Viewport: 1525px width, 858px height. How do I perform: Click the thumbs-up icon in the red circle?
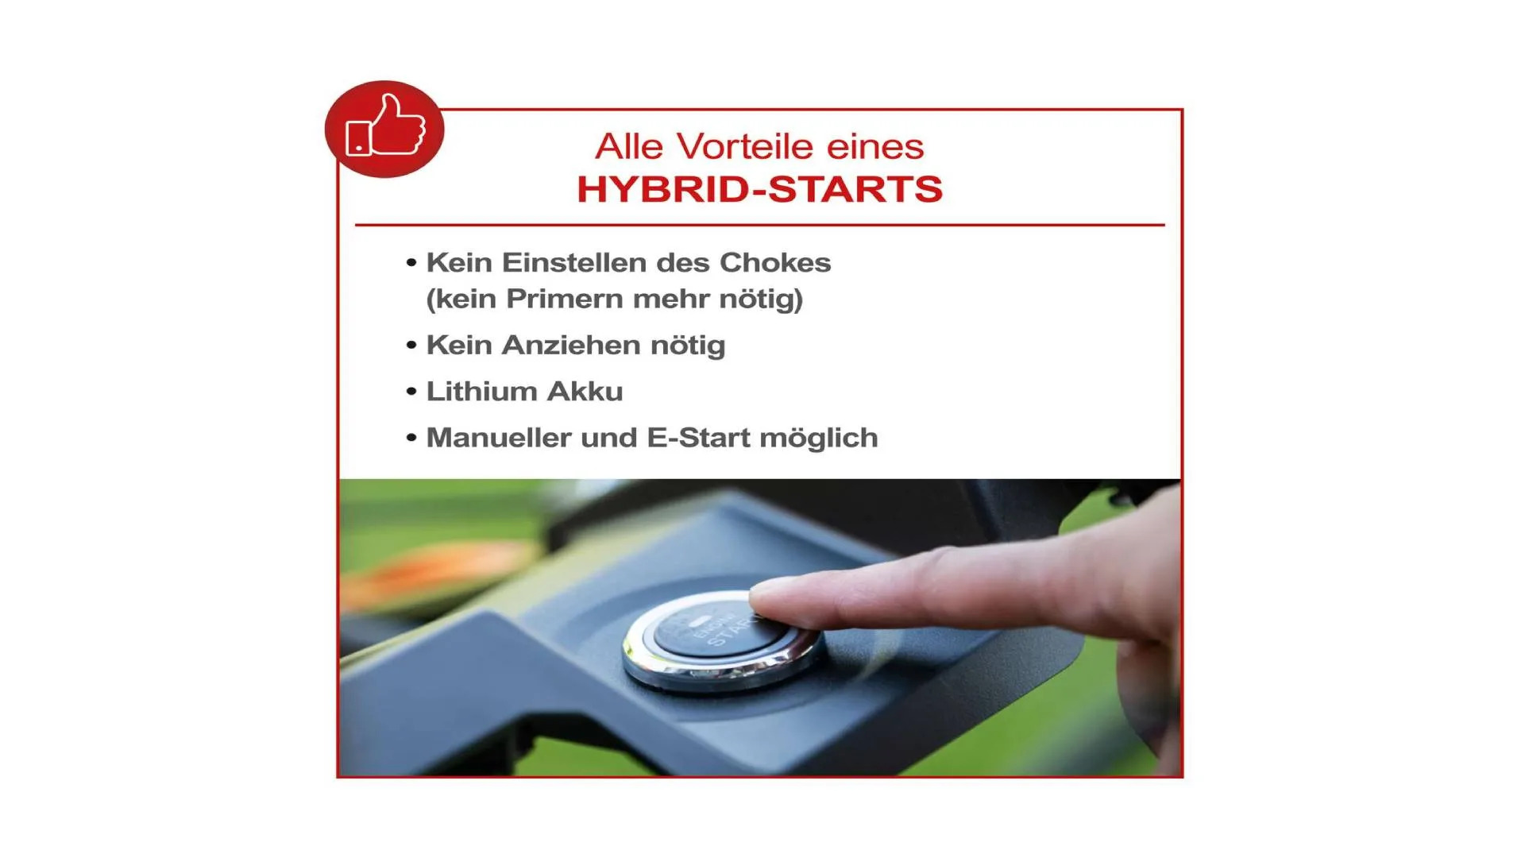pyautogui.click(x=386, y=126)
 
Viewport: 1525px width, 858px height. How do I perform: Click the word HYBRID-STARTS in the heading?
pyautogui.click(x=760, y=189)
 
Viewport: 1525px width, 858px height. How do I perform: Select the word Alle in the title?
pyautogui.click(x=629, y=146)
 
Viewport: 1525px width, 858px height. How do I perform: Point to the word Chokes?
pyautogui.click(x=775, y=262)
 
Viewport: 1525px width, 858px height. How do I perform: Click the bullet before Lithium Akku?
pyautogui.click(x=411, y=392)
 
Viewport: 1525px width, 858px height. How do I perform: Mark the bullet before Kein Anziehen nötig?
pyautogui.click(x=411, y=346)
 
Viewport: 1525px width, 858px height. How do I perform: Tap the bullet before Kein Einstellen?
pyautogui.click(x=411, y=263)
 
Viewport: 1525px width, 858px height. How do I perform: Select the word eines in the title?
pyautogui.click(x=875, y=146)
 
